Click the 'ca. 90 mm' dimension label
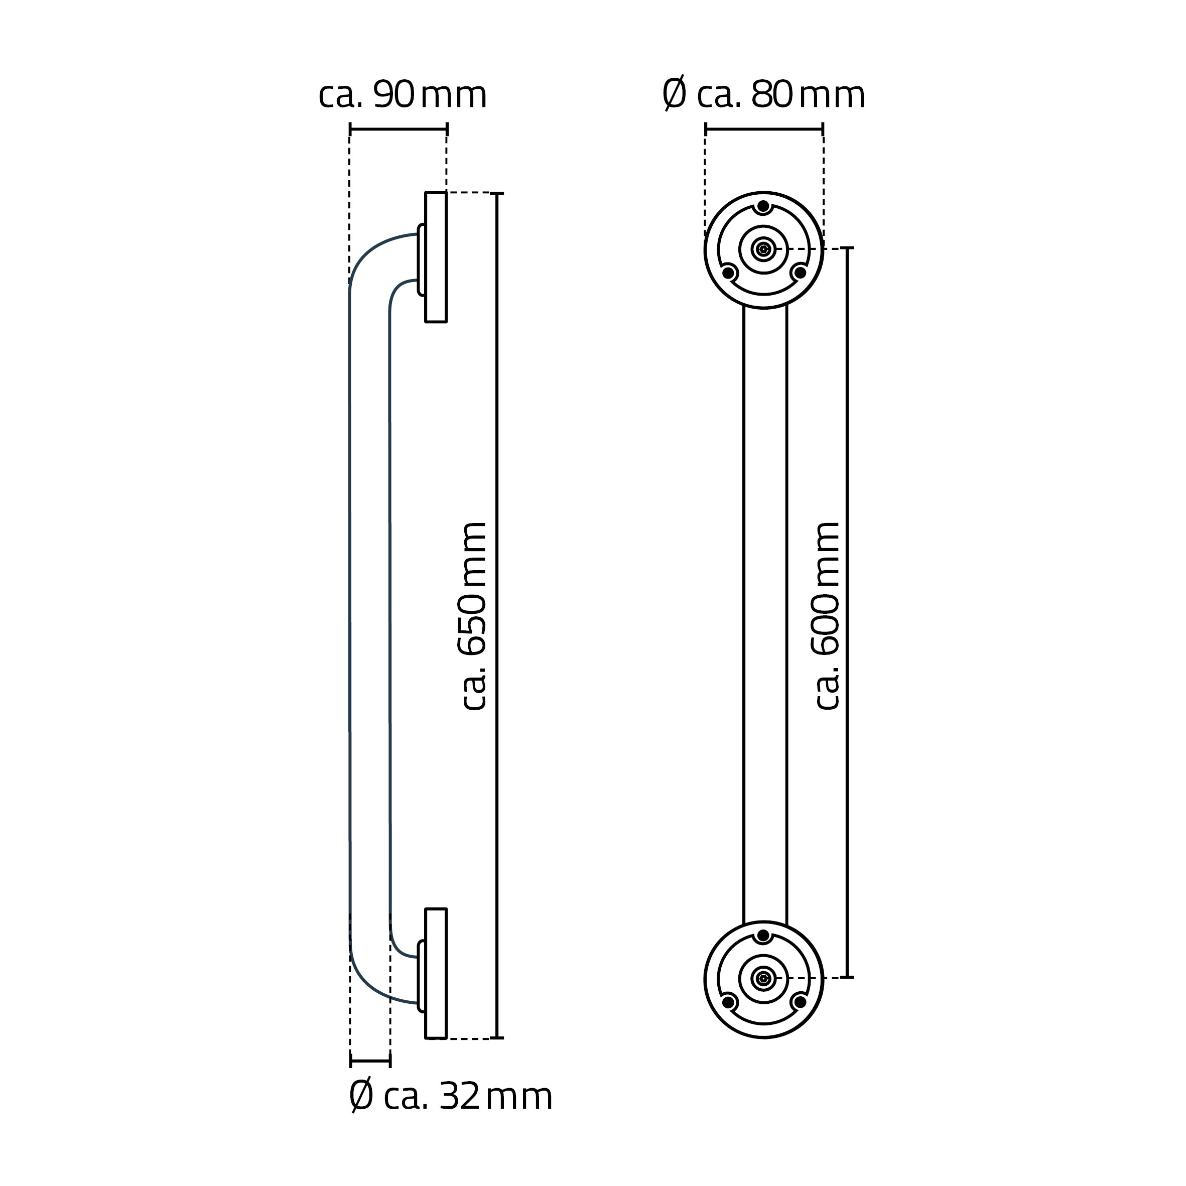[x=402, y=95]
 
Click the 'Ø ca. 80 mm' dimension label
[x=764, y=95]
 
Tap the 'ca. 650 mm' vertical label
[x=473, y=616]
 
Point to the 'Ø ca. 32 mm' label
[x=451, y=1096]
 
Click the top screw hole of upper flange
[x=763, y=206]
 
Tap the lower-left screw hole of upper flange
[x=728, y=273]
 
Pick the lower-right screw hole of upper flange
[x=799, y=273]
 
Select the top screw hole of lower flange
[x=763, y=936]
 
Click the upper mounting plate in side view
[x=436, y=257]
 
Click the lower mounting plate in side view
[x=436, y=974]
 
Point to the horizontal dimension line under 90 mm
[x=399, y=129]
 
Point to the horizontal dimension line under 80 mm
[x=764, y=129]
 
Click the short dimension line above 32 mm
[x=370, y=1060]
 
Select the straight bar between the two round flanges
[x=765, y=614]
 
